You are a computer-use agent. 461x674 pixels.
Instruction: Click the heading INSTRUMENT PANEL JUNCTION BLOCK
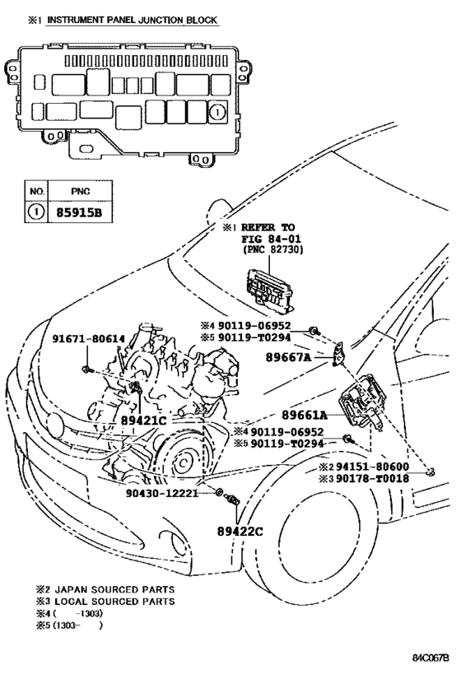tap(132, 21)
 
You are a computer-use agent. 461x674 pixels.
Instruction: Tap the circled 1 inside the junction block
tap(217, 113)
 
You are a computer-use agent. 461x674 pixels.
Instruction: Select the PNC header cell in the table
tap(81, 191)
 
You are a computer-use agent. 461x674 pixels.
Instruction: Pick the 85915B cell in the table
tap(81, 212)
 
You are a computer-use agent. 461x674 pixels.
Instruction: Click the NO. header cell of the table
tap(36, 191)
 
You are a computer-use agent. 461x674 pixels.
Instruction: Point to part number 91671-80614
tap(89, 339)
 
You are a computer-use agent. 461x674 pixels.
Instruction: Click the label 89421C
tap(143, 421)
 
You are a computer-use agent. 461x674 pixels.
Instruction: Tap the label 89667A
tap(288, 357)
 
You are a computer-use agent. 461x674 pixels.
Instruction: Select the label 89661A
tap(305, 415)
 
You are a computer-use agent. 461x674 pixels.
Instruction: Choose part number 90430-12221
tap(162, 493)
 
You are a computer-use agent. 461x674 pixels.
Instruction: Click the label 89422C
tap(240, 532)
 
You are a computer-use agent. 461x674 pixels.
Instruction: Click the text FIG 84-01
tap(271, 239)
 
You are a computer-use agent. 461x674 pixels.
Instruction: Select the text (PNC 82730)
tap(272, 249)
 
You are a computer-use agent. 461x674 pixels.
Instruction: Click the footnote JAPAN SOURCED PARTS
tap(114, 589)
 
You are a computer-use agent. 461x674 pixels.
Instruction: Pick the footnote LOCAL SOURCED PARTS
tap(114, 601)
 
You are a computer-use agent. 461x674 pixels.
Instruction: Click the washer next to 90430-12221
tap(219, 492)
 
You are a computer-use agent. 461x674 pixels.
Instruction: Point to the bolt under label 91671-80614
tap(86, 369)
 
